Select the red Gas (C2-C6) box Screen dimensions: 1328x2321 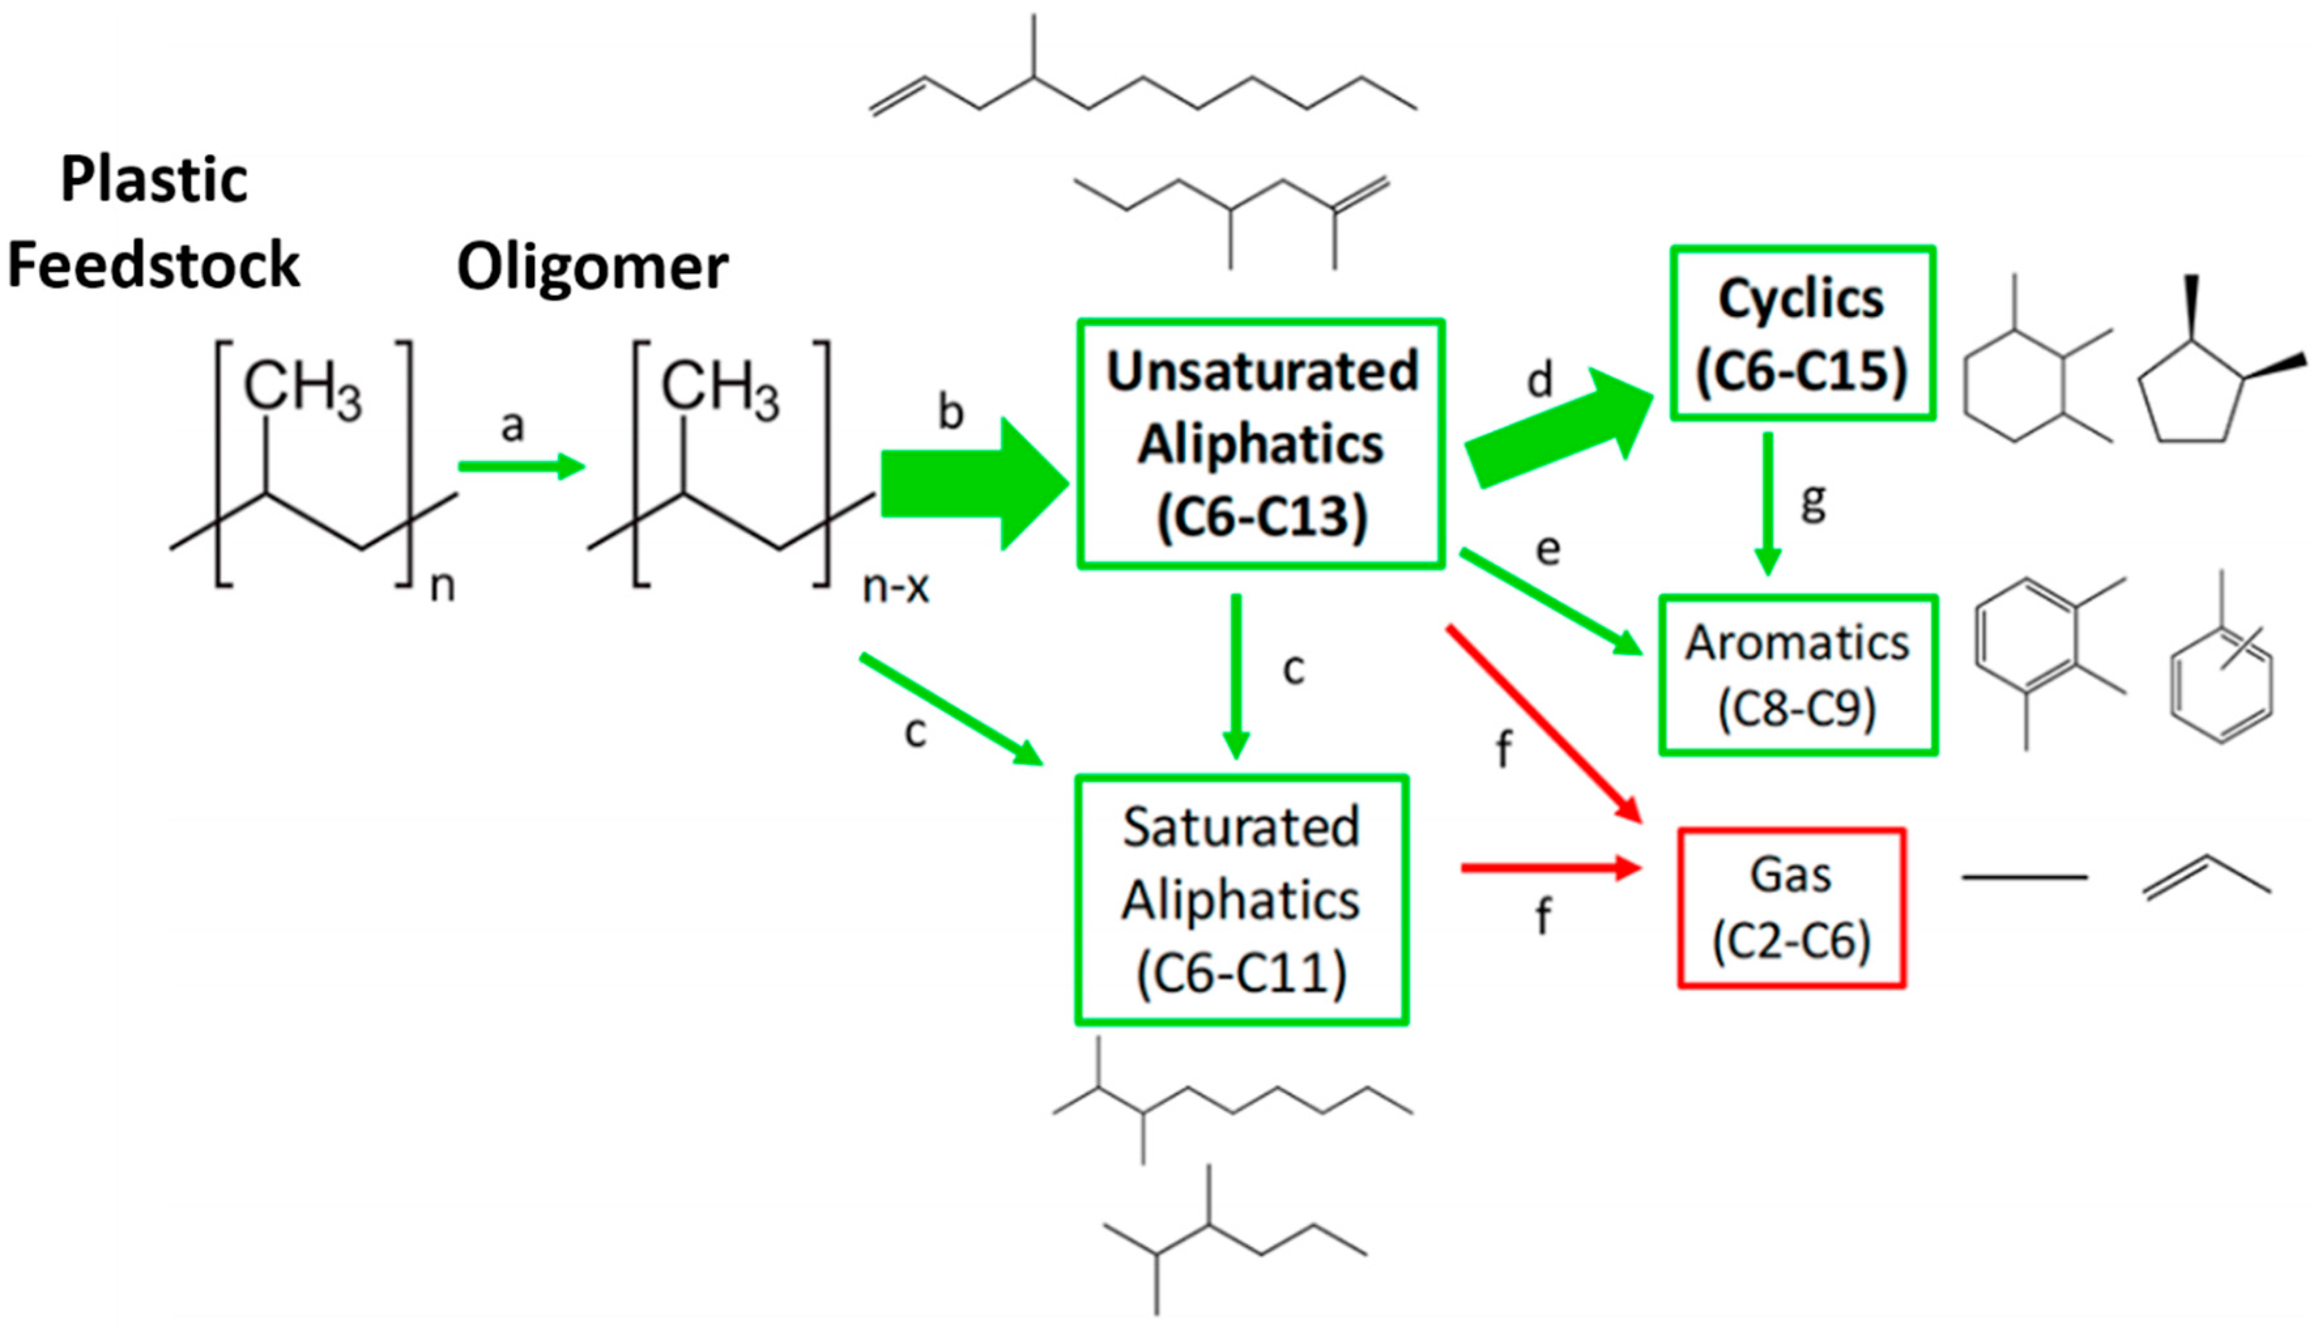pyautogui.click(x=1791, y=907)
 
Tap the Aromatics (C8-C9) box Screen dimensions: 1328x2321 pyautogui.click(x=1796, y=675)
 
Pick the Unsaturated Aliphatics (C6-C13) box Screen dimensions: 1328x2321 pyautogui.click(x=1260, y=444)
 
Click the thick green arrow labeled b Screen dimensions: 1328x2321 pyautogui.click(x=971, y=483)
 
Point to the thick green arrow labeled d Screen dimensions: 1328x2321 pyautogui.click(x=1559, y=429)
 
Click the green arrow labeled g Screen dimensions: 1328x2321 pyautogui.click(x=1768, y=502)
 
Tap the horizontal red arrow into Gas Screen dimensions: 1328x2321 pyautogui.click(x=1550, y=867)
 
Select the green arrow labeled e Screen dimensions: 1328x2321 pyautogui.click(x=1550, y=602)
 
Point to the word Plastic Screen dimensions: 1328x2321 pyautogui.click(x=154, y=179)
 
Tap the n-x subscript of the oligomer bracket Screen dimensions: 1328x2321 pyautogui.click(x=895, y=587)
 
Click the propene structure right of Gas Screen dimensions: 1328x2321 pyautogui.click(x=2205, y=877)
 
